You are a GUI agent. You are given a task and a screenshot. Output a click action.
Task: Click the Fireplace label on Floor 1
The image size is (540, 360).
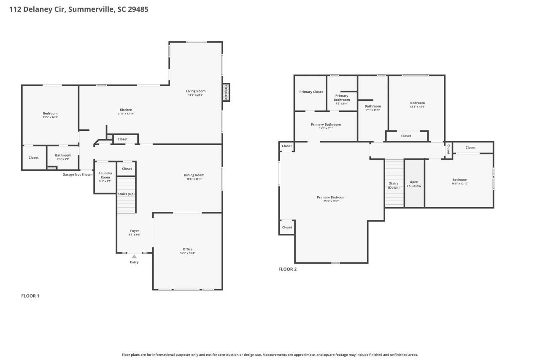[x=226, y=92]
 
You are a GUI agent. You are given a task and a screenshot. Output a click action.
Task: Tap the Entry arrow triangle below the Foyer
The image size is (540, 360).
[x=134, y=256]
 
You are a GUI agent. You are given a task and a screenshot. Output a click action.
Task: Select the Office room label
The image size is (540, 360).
[x=187, y=249]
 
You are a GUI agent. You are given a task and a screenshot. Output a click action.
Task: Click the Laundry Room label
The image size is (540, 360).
[x=105, y=175]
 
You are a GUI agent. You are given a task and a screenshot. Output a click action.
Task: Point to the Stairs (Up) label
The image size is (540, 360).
[x=126, y=194]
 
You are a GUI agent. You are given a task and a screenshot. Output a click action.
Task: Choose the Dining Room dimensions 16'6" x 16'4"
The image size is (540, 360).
[x=194, y=179]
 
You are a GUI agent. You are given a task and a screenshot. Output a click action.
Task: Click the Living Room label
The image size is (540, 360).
[x=196, y=91]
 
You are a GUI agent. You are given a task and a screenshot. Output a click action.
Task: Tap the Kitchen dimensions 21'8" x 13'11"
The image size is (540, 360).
[x=126, y=114]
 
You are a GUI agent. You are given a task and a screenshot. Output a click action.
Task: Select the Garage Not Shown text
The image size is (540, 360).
[x=77, y=174]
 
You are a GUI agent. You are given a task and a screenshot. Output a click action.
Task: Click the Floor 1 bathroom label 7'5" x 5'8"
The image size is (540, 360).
[x=63, y=159]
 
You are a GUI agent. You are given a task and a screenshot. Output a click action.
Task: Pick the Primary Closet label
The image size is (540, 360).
[x=311, y=92]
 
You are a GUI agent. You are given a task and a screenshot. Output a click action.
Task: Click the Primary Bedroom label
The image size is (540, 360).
[x=331, y=197]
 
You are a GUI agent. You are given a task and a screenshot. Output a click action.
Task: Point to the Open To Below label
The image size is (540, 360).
[x=414, y=184]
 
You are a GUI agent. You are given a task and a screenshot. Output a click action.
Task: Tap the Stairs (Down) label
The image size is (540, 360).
[x=394, y=185]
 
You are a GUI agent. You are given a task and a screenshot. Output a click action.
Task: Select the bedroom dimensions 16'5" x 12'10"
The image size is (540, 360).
[x=459, y=183]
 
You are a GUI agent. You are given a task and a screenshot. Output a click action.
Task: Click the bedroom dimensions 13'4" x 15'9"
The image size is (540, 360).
[x=417, y=106]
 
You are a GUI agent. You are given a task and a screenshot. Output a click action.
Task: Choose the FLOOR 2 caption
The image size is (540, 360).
[x=287, y=269]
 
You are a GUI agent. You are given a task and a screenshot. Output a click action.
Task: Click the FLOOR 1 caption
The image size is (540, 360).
[x=30, y=296]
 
